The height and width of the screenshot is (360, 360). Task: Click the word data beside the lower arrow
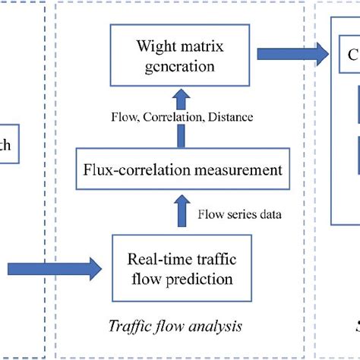coord(268,215)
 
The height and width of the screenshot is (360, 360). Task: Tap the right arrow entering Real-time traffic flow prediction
coord(57,268)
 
